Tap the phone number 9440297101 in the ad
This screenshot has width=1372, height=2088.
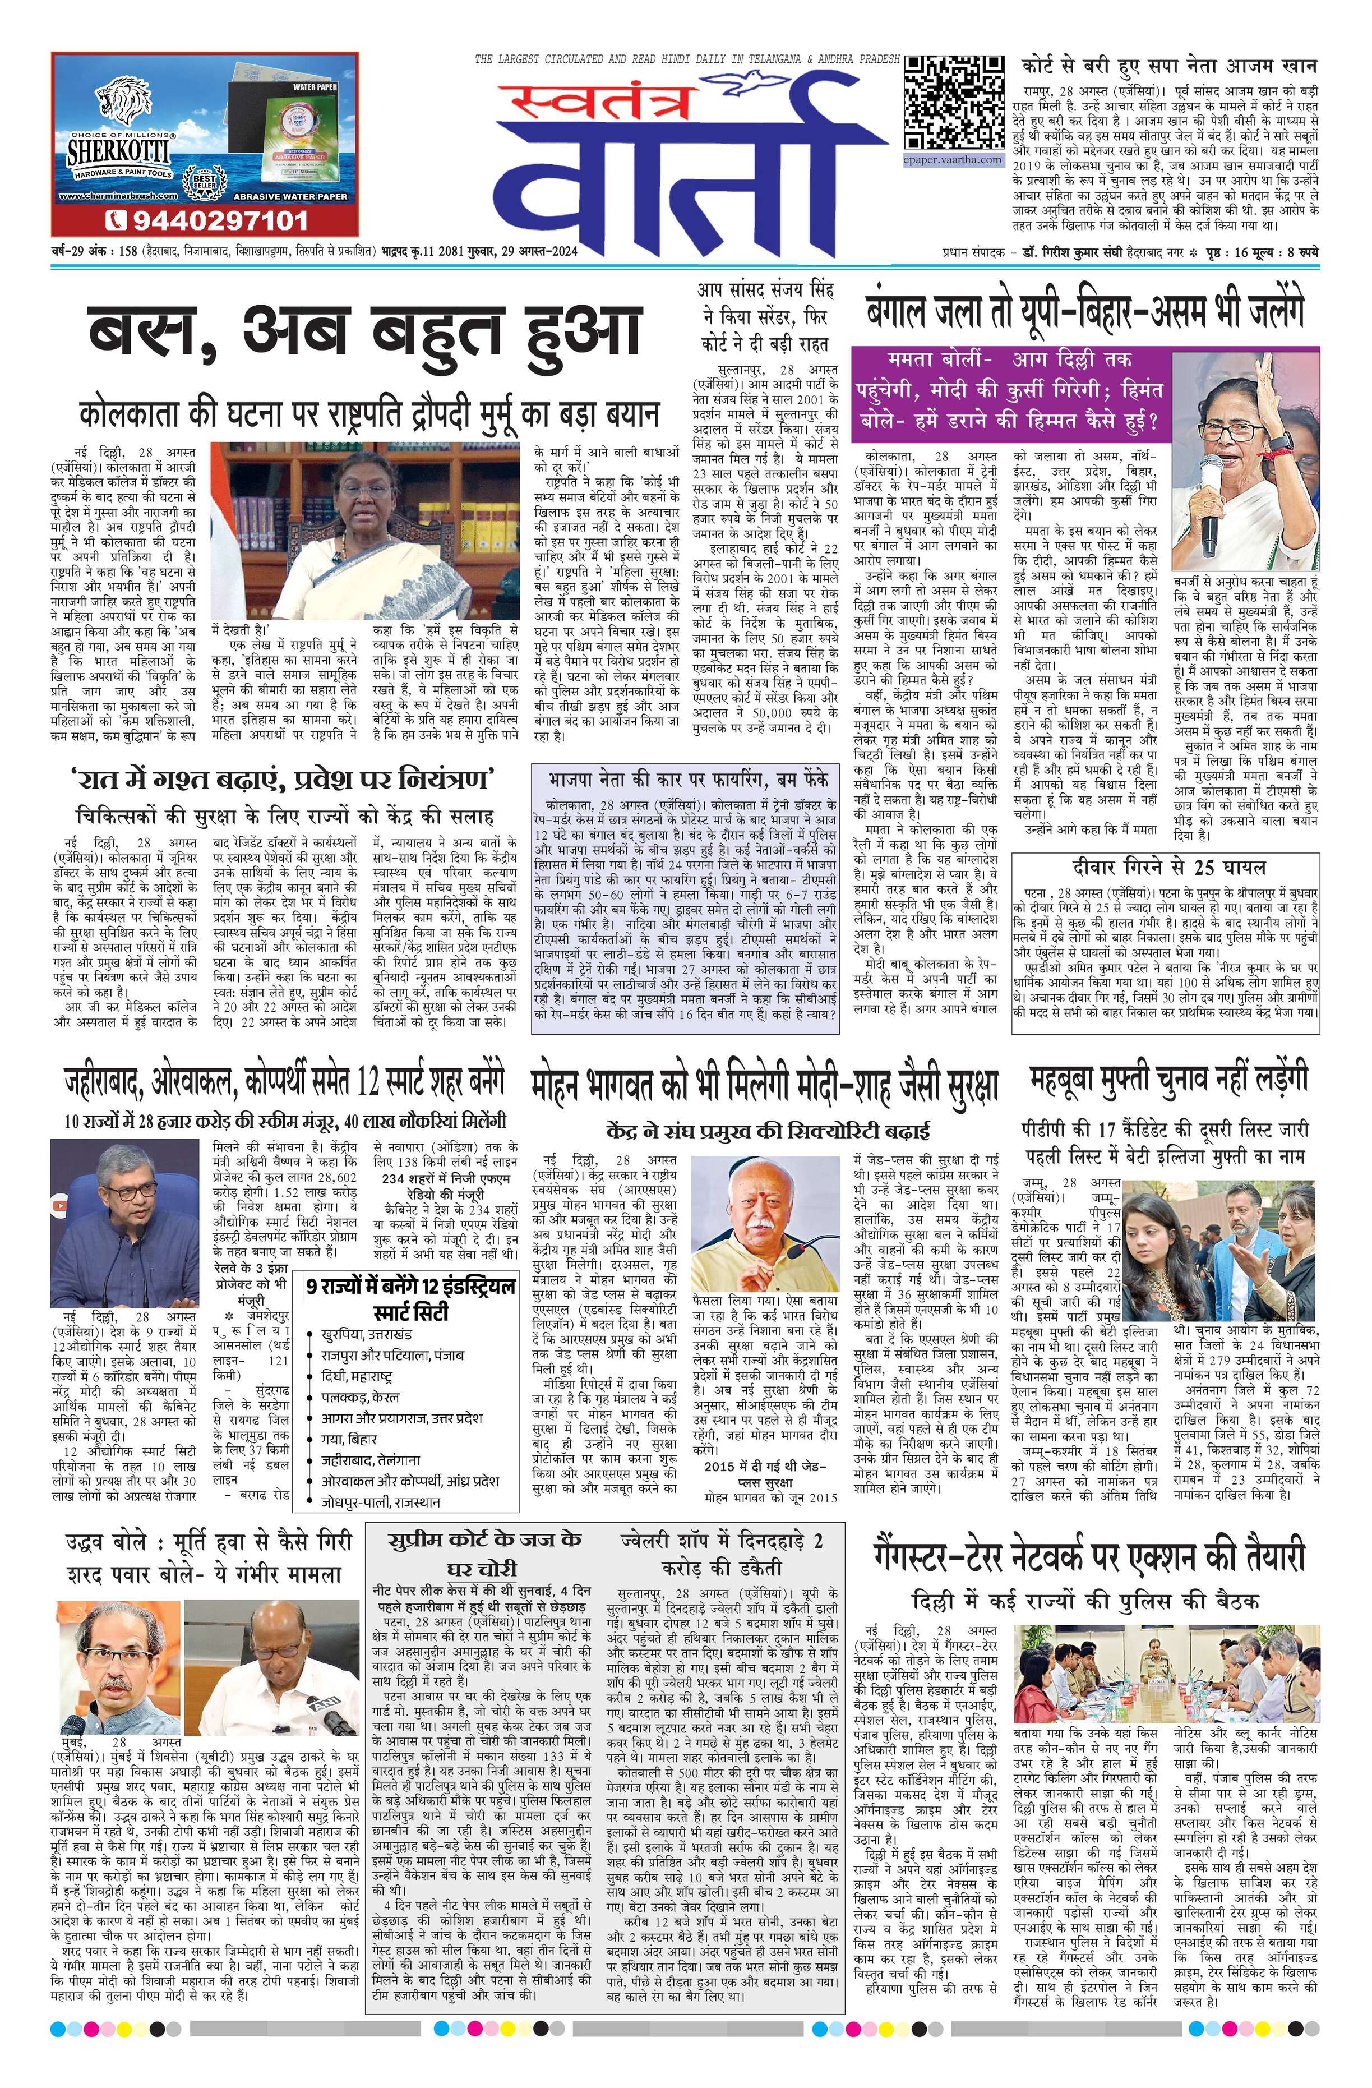pyautogui.click(x=209, y=219)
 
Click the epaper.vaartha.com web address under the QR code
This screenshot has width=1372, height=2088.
pyautogui.click(x=953, y=160)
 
